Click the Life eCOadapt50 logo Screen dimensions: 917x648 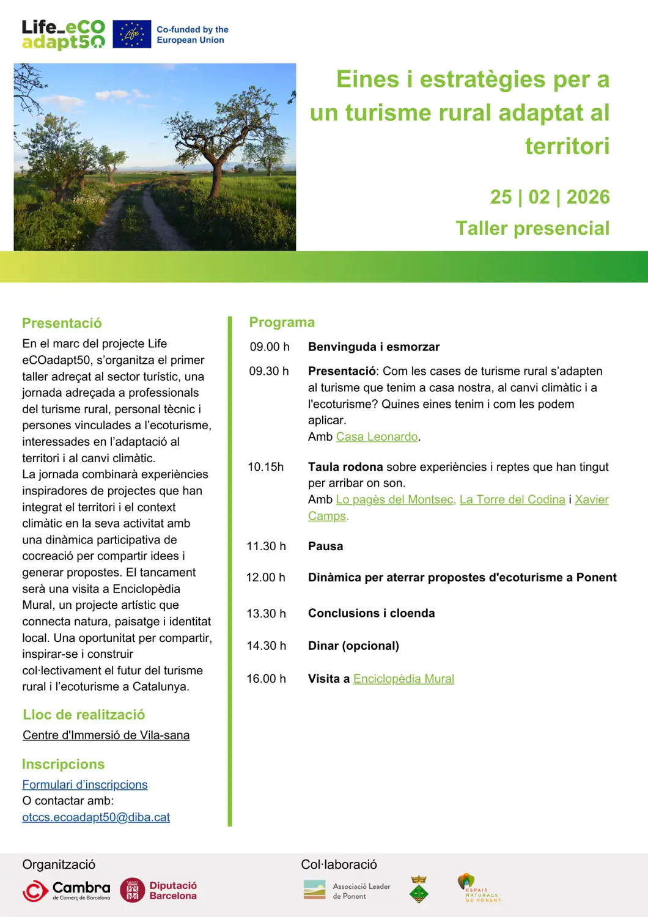pos(64,34)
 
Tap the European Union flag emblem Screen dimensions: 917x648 pos(131,34)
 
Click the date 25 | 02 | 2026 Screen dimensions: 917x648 pos(550,197)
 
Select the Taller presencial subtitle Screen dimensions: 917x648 pos(532,228)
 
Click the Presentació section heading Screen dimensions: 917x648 pos(62,323)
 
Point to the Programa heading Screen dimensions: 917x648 pos(282,322)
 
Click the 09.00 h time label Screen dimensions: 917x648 pos(270,347)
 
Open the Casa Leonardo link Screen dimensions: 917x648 pos(377,436)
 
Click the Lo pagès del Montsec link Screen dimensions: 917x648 pos(395,499)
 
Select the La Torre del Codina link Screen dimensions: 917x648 pos(512,499)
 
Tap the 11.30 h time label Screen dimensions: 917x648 pos(266,546)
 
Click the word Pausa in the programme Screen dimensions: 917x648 pos(325,546)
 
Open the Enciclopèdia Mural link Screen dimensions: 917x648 pos(403,679)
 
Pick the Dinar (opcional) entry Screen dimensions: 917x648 pos(353,646)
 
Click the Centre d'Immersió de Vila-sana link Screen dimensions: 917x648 pos(106,735)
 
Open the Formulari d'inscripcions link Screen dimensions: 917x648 pos(85,784)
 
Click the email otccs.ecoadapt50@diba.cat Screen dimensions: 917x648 pos(96,817)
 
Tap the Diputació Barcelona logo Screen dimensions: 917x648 pos(158,890)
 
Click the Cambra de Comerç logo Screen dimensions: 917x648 pos(67,890)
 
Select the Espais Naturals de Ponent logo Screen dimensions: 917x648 pos(479,888)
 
